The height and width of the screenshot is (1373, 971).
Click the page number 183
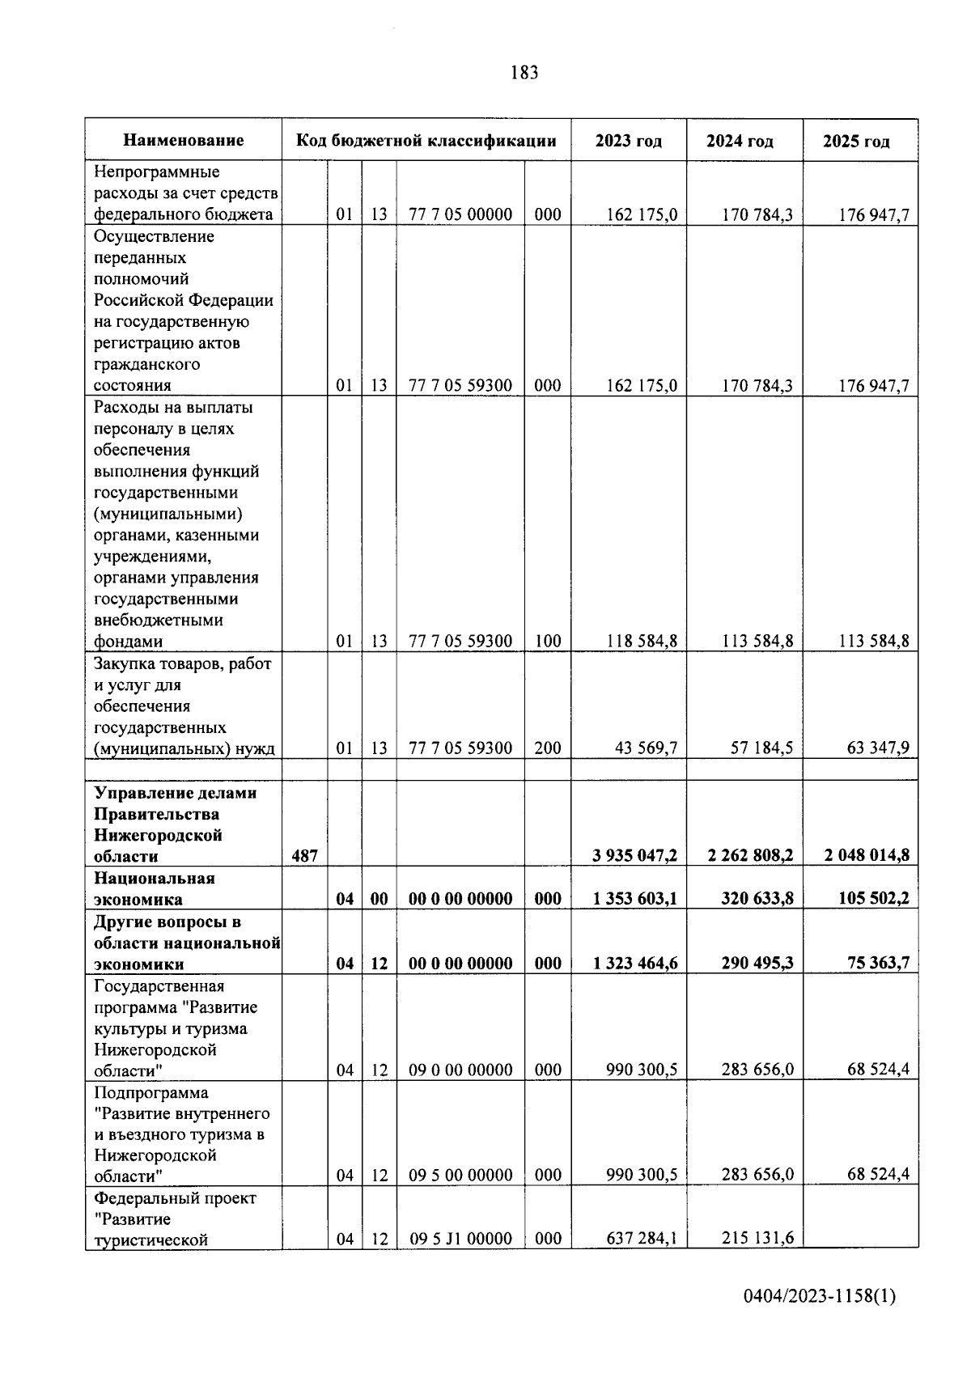click(x=524, y=73)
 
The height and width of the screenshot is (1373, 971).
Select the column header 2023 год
click(x=629, y=141)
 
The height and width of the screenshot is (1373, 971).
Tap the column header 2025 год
click(x=856, y=141)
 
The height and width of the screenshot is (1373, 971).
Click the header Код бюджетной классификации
click(x=426, y=141)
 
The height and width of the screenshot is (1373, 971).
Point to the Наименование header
click(x=184, y=141)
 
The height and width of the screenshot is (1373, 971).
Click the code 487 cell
click(x=305, y=856)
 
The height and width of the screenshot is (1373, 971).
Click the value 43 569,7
click(x=646, y=748)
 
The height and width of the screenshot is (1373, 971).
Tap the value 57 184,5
click(x=761, y=748)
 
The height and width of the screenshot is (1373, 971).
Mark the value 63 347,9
click(x=878, y=748)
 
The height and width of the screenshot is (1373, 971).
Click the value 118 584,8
click(x=642, y=642)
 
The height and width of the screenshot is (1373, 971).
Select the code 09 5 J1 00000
click(x=460, y=1239)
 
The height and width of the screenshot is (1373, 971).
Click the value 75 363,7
click(x=874, y=963)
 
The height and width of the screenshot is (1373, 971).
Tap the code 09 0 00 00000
click(x=460, y=1070)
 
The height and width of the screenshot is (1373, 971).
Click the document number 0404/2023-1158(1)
click(x=820, y=1297)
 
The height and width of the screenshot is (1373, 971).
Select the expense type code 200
click(x=548, y=748)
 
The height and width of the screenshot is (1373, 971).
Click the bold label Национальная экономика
click(x=154, y=888)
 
